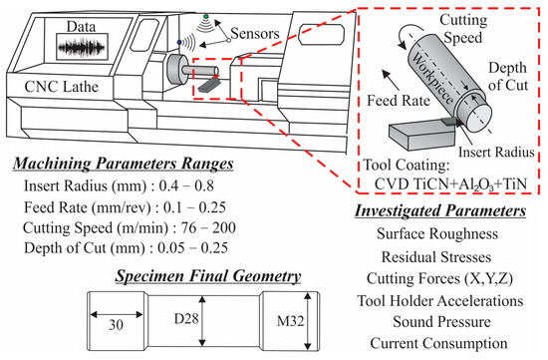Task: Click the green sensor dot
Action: (206, 16)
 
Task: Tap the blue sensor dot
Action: (179, 42)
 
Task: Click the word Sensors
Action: (255, 34)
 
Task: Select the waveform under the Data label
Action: (82, 47)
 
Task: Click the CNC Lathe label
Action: (62, 87)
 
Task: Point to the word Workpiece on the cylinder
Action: (432, 78)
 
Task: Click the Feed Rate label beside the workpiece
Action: (399, 101)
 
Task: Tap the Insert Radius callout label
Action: (496, 152)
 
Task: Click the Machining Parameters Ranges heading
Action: (124, 164)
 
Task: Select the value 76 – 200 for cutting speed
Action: (208, 227)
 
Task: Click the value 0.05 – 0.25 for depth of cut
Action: (193, 248)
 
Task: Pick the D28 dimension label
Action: (186, 319)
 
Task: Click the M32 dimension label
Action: (290, 321)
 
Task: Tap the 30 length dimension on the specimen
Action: (116, 325)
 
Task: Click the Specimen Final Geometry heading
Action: (208, 276)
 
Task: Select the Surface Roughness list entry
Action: (437, 233)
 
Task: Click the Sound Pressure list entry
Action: (441, 322)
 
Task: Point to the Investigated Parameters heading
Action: (440, 210)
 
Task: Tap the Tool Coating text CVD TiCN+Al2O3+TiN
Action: (450, 184)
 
